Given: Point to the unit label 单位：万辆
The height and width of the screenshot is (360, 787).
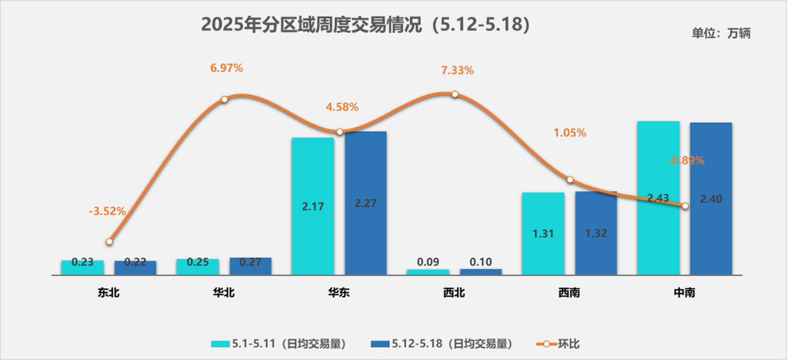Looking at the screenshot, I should pos(721,34).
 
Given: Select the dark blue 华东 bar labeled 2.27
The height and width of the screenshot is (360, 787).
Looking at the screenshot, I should pos(366,203).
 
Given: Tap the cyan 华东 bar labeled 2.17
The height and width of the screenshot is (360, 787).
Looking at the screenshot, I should pos(312,206).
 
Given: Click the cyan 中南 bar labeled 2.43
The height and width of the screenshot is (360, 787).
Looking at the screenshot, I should pos(658,198).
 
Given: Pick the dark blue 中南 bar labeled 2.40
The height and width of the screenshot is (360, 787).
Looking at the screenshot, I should pos(711,198).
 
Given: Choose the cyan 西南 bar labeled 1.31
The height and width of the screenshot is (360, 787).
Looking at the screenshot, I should pos(543,233).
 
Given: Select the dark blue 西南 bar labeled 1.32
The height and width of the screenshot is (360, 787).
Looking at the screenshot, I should pos(596,233).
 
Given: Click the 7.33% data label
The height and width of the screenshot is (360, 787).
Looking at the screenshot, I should pos(457,70).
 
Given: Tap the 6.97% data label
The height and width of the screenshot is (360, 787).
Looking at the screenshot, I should pos(226,68).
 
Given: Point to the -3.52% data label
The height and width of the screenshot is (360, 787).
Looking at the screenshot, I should pos(107,211).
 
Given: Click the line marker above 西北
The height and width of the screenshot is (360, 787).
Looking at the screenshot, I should pos(455,94).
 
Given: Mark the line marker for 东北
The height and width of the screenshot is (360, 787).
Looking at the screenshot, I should pos(109,241).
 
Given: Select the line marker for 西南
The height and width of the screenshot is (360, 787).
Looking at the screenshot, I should pos(569,180).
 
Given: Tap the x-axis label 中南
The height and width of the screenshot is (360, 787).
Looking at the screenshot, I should pos(684,293).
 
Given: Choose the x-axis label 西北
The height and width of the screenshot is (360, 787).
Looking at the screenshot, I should pos(454,293).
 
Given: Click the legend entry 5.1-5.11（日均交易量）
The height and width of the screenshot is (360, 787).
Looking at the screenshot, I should pos(279,344).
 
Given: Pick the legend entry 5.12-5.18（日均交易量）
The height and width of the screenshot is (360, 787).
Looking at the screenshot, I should pos(441,344).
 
